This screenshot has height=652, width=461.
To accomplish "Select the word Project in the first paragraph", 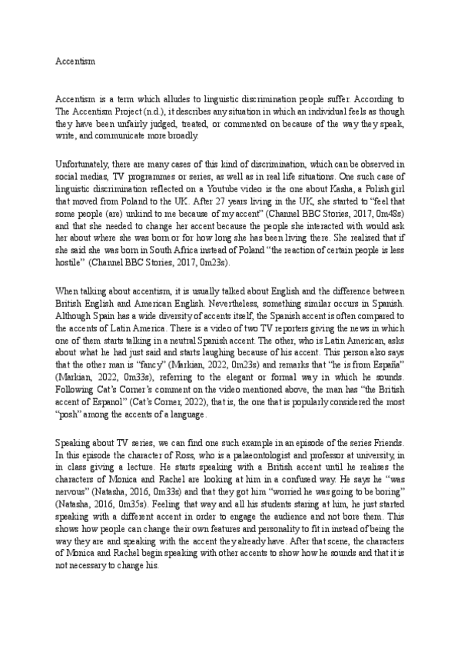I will tap(134, 111).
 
